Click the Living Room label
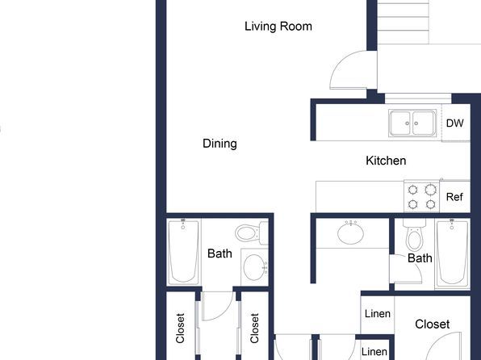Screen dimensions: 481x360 (278, 27)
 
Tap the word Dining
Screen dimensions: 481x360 (220, 144)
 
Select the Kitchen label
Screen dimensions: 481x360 (386, 161)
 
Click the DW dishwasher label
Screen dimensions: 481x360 (454, 123)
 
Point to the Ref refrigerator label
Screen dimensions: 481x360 (454, 197)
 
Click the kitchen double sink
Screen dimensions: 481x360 (412, 123)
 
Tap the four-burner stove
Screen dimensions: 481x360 (422, 196)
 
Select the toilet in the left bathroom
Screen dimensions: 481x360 (252, 232)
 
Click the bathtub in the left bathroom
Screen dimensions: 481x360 (183, 252)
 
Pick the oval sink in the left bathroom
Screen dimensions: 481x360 (254, 267)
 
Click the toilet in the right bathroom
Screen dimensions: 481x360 (414, 235)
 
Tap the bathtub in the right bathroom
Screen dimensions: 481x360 (452, 253)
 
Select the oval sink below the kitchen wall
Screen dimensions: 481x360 (350, 233)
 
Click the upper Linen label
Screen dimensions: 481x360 (378, 314)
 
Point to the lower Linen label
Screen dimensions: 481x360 (374, 352)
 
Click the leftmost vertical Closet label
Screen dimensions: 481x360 (180, 328)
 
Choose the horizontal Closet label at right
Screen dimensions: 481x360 (433, 324)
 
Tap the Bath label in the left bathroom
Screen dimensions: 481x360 (220, 253)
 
